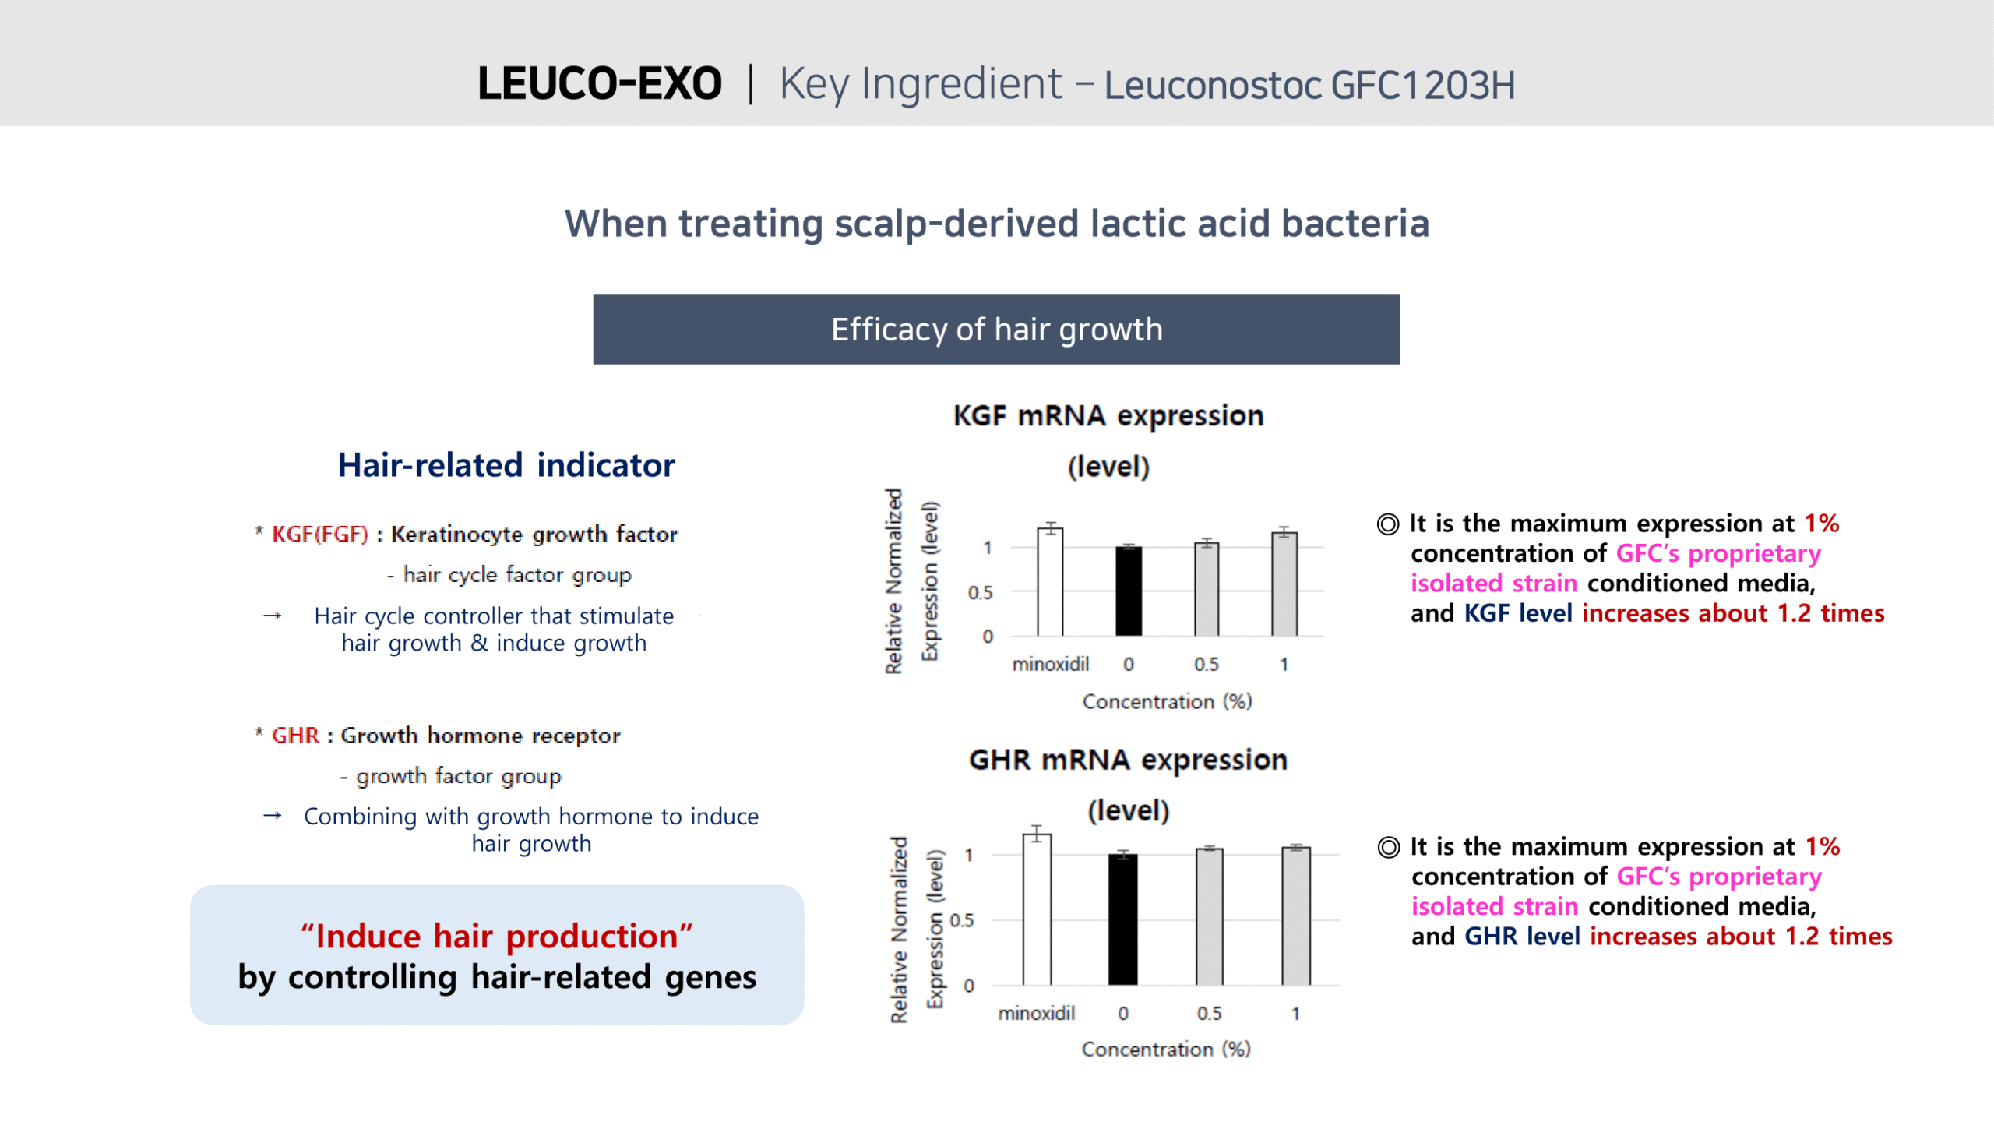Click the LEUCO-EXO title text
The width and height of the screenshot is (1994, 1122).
599,83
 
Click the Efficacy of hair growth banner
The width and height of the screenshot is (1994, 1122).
996,329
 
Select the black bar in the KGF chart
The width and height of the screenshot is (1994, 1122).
1129,591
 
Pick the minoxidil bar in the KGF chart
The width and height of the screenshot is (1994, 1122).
1050,583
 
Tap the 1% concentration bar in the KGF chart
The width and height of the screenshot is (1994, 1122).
1284,585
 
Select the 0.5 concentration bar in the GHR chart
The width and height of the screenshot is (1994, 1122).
1210,917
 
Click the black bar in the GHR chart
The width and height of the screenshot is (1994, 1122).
1123,920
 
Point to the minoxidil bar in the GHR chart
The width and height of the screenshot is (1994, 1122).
1037,910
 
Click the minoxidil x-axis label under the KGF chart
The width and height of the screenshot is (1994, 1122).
1050,664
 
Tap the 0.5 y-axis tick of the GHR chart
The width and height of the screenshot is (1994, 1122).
962,920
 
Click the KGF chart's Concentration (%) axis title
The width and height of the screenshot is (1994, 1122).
1167,701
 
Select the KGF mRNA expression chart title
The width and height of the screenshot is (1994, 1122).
1108,441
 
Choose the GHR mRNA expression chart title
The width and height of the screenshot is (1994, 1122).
1128,785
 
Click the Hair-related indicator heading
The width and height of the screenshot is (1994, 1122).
506,465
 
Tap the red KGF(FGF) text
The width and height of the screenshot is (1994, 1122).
320,535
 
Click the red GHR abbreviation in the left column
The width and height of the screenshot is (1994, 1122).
295,736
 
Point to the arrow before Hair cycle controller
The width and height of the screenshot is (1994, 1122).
273,616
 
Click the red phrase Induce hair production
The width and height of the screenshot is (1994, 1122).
497,936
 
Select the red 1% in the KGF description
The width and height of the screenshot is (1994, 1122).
1822,524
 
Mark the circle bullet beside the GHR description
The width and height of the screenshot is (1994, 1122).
1388,847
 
